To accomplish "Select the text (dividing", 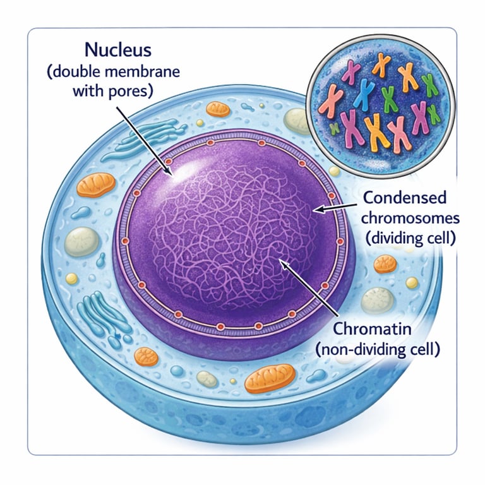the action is pyautogui.click(x=388, y=239).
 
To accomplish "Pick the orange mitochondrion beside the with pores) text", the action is pyautogui.click(x=218, y=109).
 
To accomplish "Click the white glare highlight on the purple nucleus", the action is pyautogui.click(x=183, y=169).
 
